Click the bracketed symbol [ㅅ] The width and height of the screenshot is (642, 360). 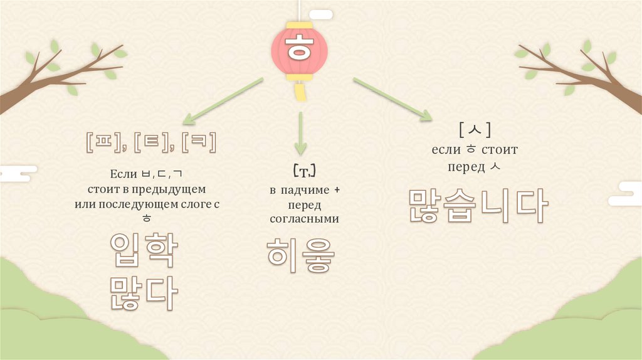(475, 130)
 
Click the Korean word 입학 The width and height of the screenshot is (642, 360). (144, 250)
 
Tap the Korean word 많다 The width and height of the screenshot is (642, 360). (144, 291)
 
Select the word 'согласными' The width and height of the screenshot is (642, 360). (304, 219)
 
